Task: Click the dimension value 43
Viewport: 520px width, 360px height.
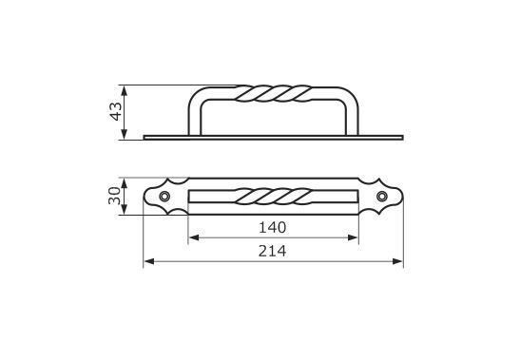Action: pos(116,112)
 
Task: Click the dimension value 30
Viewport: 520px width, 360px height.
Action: pos(115,196)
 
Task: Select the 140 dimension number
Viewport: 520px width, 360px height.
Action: pos(272,228)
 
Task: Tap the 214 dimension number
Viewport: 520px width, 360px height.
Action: pos(272,252)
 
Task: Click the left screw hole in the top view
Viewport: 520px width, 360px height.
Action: pos(164,197)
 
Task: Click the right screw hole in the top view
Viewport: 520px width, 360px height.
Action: pos(382,197)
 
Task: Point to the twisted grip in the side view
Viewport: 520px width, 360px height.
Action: pos(274,93)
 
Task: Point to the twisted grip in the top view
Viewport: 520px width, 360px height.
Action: pos(274,197)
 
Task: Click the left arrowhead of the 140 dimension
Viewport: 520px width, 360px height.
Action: pos(193,237)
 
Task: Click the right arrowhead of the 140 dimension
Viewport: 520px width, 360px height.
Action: pos(354,237)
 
